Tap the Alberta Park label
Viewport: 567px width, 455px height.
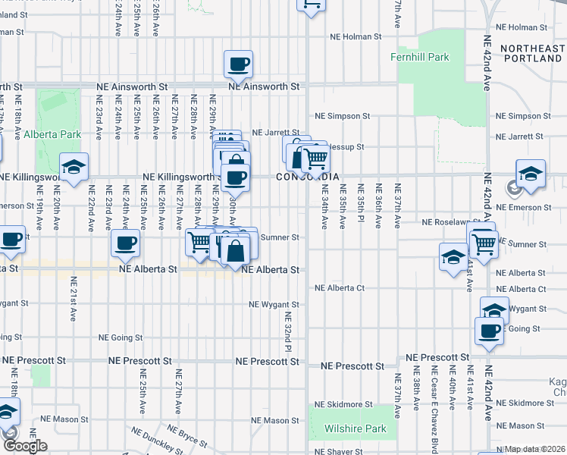[52, 134]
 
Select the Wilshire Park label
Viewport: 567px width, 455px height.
[355, 428]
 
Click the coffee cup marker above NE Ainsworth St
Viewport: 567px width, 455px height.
[240, 64]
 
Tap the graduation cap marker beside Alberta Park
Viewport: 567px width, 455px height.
[74, 168]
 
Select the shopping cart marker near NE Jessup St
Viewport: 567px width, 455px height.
[315, 158]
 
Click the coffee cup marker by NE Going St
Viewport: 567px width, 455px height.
[489, 330]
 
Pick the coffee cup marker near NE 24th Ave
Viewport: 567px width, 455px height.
[126, 243]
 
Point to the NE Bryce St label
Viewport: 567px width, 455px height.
[188, 438]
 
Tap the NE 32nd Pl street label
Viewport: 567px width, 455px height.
[287, 331]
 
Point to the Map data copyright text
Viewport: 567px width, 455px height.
[534, 449]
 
